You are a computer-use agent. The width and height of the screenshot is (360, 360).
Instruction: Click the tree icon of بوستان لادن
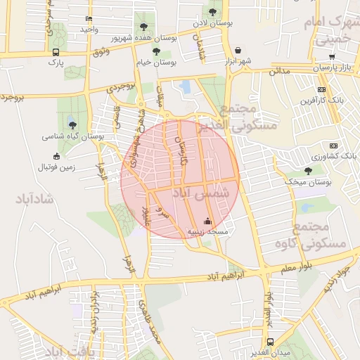pos(214,12)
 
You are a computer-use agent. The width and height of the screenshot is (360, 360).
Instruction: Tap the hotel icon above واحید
pos(88,19)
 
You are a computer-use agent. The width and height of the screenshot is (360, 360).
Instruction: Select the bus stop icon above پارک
pos(56,52)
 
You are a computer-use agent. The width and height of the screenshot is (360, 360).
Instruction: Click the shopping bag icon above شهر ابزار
pos(238,51)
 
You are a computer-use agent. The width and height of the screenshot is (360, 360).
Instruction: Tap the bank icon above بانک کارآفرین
pos(322,89)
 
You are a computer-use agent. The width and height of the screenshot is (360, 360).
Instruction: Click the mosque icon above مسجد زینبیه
pos(207,221)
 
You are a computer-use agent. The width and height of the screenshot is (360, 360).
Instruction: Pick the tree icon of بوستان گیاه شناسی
pos(72,125)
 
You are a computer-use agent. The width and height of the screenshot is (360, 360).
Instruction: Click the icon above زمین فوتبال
pos(56,156)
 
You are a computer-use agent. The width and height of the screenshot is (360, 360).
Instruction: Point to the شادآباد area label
pos(34,199)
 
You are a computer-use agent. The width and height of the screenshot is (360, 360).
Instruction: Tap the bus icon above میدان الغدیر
pos(271,342)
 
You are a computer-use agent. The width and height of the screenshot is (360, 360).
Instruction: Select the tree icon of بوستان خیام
pos(155,51)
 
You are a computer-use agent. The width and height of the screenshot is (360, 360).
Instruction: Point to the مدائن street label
pos(279,71)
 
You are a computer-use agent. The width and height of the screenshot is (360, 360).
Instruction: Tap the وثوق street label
pos(101,53)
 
